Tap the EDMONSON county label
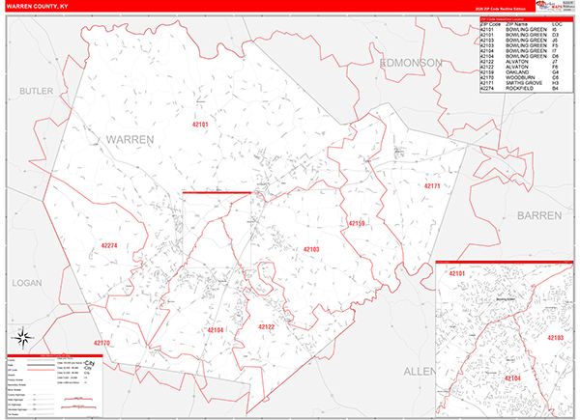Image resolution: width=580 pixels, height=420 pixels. click(x=411, y=62)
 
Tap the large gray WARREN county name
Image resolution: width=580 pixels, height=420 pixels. click(x=130, y=140)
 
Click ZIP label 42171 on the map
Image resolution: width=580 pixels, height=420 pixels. click(x=432, y=185)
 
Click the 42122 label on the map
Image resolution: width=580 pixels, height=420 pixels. click(x=267, y=327)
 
